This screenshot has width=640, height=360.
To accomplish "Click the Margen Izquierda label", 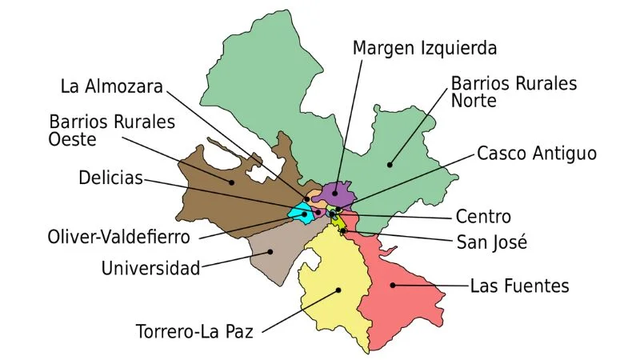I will coord(424,48).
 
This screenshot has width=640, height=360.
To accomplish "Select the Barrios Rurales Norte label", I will coord(514,92).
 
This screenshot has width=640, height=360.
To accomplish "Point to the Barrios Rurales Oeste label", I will coord(112,131).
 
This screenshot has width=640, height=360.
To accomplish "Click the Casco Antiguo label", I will coord(536,153).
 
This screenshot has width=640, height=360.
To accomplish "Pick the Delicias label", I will coord(110,178).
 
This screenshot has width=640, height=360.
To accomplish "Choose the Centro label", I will coord(482,217).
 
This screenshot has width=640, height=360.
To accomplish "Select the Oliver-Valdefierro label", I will coord(118,238).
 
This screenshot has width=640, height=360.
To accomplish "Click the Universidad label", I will coord(150,268).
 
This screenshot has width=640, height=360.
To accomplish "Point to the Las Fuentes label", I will coord(519,286).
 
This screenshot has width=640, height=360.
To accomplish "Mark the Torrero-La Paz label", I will coord(194,331).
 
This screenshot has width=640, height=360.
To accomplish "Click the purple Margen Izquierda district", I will coord(336,192).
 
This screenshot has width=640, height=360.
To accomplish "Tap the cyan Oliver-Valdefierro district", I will coord(300,214).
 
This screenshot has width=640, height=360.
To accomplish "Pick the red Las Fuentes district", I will coord(400,296).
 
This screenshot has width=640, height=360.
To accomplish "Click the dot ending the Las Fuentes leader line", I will coord(392,285).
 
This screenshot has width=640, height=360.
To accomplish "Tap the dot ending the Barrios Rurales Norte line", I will coord(390,166).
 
